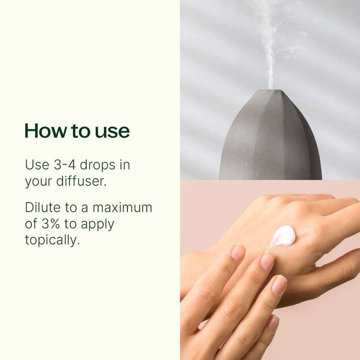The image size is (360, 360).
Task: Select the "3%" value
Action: [x=51, y=224]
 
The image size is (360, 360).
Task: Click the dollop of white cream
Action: [x=283, y=235]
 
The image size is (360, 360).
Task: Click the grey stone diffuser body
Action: [x=270, y=143]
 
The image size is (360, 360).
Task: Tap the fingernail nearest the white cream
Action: [x=268, y=261]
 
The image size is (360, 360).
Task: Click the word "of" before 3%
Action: [x=31, y=224]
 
